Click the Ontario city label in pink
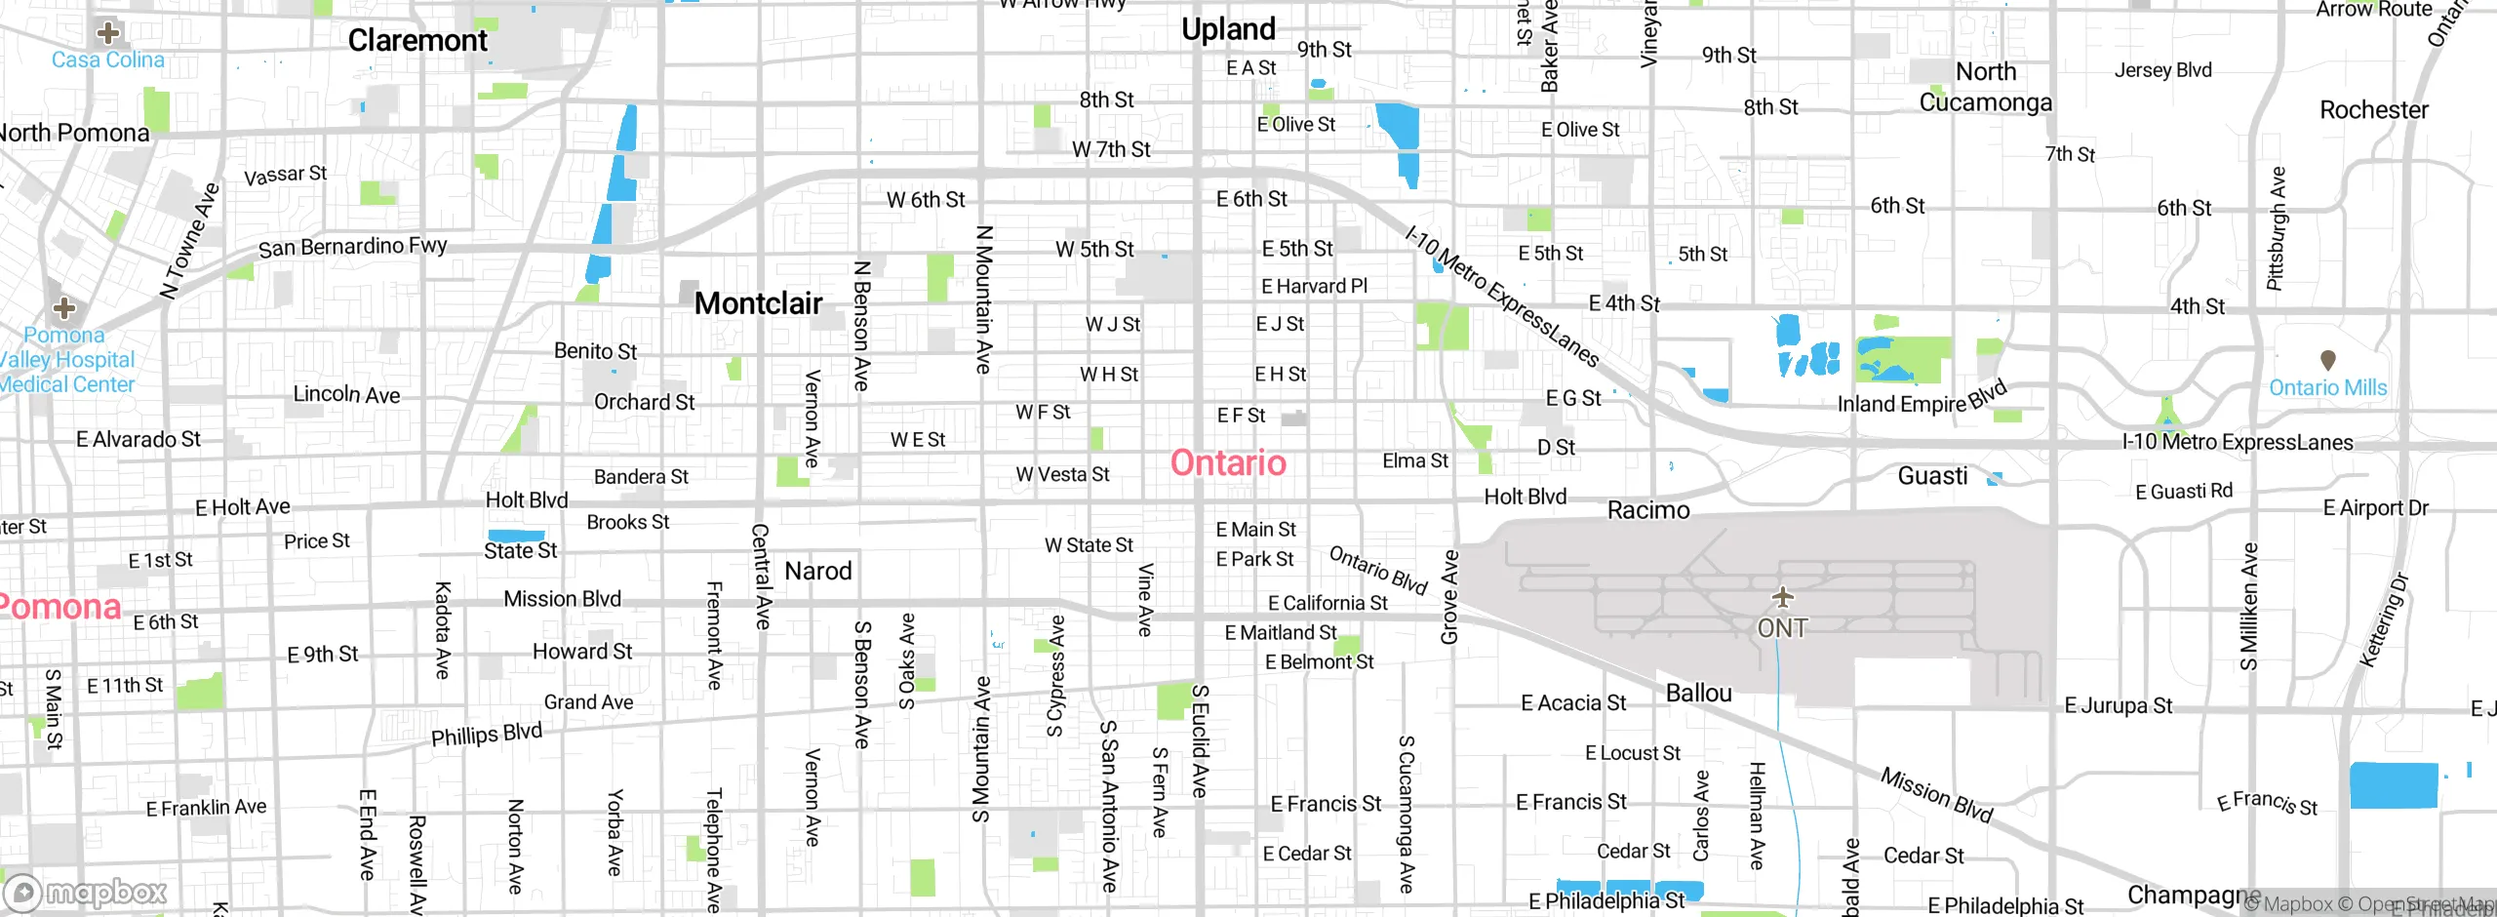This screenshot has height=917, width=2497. pyautogui.click(x=1228, y=462)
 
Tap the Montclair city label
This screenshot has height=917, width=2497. pyautogui.click(x=758, y=303)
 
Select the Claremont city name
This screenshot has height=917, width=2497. pyautogui.click(x=417, y=40)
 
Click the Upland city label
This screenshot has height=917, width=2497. pyautogui.click(x=1228, y=29)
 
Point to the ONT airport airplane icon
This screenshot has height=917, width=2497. pyautogui.click(x=1782, y=596)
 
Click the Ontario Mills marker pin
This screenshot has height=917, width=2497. pyautogui.click(x=2327, y=361)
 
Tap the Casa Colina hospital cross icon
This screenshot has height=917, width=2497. pyautogui.click(x=108, y=33)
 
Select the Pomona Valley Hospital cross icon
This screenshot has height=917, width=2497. pyautogui.click(x=64, y=309)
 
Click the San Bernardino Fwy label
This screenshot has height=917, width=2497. pyautogui.click(x=352, y=247)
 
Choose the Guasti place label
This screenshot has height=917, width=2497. pyautogui.click(x=1932, y=476)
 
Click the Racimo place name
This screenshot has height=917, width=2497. pyautogui.click(x=1648, y=510)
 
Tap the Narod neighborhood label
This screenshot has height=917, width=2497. pyautogui.click(x=818, y=571)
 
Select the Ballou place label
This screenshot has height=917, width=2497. pyautogui.click(x=1698, y=694)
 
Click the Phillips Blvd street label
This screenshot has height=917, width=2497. pyautogui.click(x=486, y=734)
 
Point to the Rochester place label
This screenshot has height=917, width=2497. pyautogui.click(x=2373, y=110)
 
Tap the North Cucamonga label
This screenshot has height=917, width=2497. pyautogui.click(x=1986, y=87)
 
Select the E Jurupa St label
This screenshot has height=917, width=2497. pyautogui.click(x=2118, y=705)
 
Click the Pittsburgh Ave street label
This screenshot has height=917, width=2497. pyautogui.click(x=2276, y=228)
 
